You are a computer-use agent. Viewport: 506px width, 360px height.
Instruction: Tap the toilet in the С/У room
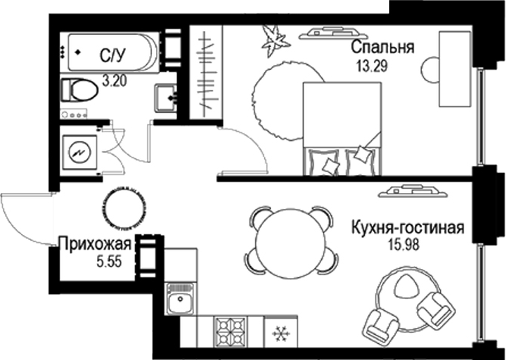point(80,91)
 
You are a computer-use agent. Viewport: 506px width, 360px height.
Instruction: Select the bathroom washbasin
point(167,97)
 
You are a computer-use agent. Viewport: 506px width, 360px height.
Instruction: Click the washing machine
point(79,154)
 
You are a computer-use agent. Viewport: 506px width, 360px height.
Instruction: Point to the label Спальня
point(382,48)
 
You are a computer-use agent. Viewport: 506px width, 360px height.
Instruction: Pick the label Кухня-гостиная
point(407,228)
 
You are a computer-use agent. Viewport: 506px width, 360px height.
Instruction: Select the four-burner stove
point(232,331)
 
